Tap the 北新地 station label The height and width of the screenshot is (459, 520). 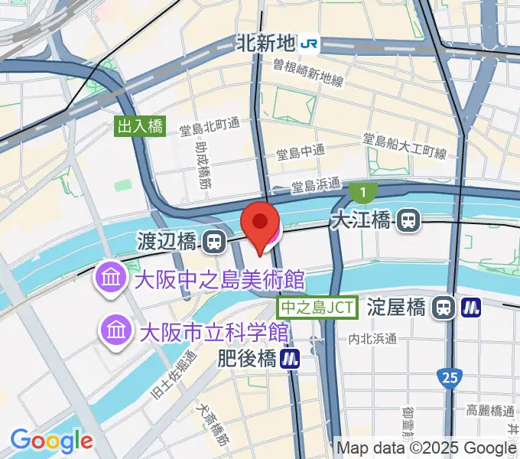coord(265,44)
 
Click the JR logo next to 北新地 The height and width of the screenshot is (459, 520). coord(310,44)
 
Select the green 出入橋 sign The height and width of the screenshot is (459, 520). coord(141,126)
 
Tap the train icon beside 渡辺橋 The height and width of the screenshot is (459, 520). coord(215,243)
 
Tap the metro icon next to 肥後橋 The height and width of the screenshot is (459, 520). coord(289,357)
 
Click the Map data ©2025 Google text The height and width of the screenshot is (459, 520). coord(427,448)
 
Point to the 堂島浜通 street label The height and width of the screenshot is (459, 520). coord(316,184)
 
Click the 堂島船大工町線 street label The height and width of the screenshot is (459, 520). coord(404,145)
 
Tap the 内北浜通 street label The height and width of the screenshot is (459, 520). coord(372,338)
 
